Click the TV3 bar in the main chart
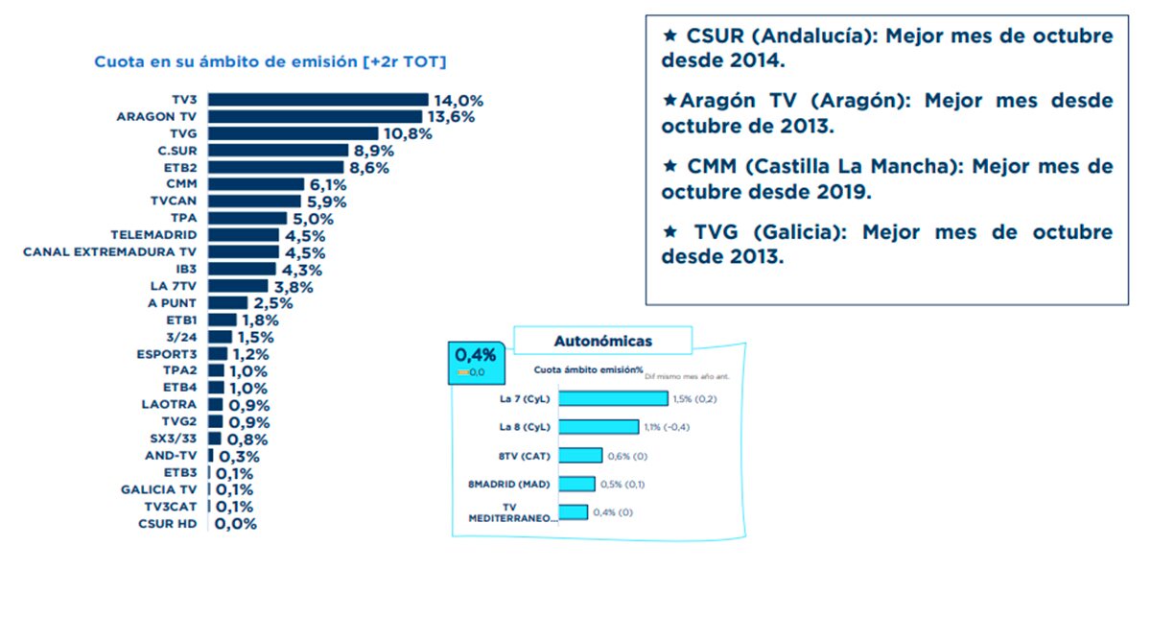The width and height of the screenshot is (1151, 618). click(317, 100)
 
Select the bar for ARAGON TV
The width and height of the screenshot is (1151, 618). click(315, 116)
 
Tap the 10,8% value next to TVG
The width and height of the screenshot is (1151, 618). click(408, 133)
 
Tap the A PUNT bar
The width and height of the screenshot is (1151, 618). click(227, 303)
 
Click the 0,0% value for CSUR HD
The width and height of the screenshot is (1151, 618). click(236, 524)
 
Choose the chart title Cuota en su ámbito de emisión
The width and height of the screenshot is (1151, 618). click(270, 62)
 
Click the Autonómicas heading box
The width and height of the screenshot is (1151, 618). click(602, 341)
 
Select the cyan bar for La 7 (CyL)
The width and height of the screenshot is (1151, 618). click(613, 398)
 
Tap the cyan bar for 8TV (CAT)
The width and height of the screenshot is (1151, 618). click(580, 455)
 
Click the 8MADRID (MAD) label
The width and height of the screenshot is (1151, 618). click(508, 484)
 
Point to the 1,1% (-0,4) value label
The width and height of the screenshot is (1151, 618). click(673, 427)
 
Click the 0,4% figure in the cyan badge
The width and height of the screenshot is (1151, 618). click(470, 353)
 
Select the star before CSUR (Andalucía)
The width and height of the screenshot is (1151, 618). click(670, 35)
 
